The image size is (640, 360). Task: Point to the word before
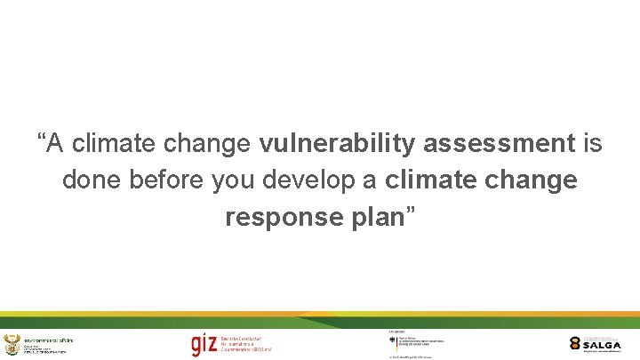click(x=168, y=180)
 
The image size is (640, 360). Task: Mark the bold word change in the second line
click(x=533, y=180)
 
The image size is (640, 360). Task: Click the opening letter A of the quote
click(x=55, y=142)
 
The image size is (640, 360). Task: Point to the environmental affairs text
click(x=49, y=340)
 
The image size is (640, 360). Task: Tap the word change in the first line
click(x=210, y=142)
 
